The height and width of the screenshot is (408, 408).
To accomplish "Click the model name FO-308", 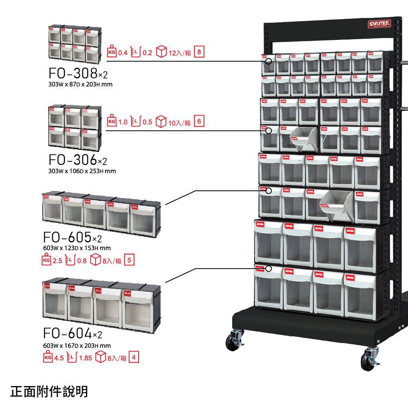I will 73,73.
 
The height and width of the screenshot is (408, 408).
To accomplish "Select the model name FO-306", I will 73,160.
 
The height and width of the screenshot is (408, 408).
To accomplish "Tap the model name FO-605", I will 67,237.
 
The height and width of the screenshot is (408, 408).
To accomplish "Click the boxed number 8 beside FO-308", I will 199,52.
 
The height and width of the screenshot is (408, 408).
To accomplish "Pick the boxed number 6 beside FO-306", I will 199,122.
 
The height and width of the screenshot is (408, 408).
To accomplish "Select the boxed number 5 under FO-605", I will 129,261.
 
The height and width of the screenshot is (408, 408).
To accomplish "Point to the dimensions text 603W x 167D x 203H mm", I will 77,345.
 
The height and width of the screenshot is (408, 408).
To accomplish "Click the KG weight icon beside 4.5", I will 47,357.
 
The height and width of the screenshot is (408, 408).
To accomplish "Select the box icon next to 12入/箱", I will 161,52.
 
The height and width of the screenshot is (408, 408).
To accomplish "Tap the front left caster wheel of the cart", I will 232,341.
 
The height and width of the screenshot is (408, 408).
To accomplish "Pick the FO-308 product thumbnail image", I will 75,44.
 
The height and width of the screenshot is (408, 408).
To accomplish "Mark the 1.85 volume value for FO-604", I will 85,358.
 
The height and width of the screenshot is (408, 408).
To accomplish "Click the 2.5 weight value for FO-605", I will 57,261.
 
